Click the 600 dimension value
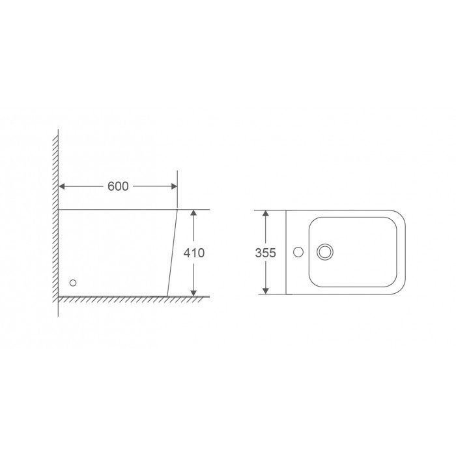pyautogui.click(x=118, y=186)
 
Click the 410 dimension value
pyautogui.click(x=194, y=253)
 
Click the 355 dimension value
pyautogui.click(x=265, y=253)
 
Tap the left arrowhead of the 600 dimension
pyautogui.click(x=62, y=186)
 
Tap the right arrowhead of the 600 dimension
pyautogui.click(x=174, y=186)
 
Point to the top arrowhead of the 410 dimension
pyautogui.click(x=193, y=213)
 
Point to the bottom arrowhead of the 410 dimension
pyautogui.click(x=193, y=293)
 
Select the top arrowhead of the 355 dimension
pyautogui.click(x=265, y=213)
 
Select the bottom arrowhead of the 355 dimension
pyautogui.click(x=265, y=291)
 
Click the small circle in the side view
pyautogui.click(x=73, y=283)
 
